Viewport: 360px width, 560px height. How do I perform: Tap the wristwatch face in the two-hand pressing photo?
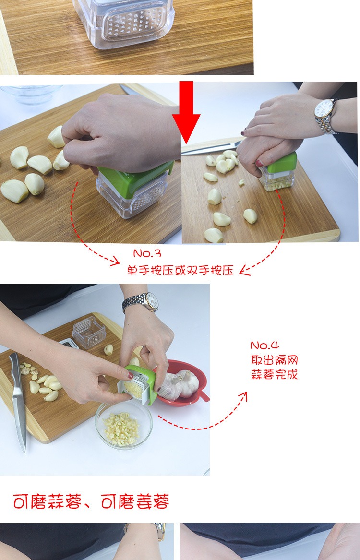[x=324, y=109]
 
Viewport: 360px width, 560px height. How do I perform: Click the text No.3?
[x=147, y=253]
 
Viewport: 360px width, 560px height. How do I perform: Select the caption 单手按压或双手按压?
[x=180, y=270]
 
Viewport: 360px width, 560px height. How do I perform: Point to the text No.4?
[x=264, y=346]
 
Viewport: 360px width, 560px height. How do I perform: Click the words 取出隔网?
[x=274, y=359]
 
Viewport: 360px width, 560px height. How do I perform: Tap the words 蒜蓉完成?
[x=274, y=375]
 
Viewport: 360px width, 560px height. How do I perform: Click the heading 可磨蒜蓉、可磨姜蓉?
[x=91, y=502]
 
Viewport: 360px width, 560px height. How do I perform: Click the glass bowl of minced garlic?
[x=123, y=425]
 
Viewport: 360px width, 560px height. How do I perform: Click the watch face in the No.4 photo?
[x=151, y=301]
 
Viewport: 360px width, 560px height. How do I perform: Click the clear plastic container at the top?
[x=123, y=22]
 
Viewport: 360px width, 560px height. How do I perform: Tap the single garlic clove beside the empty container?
[x=108, y=350]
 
